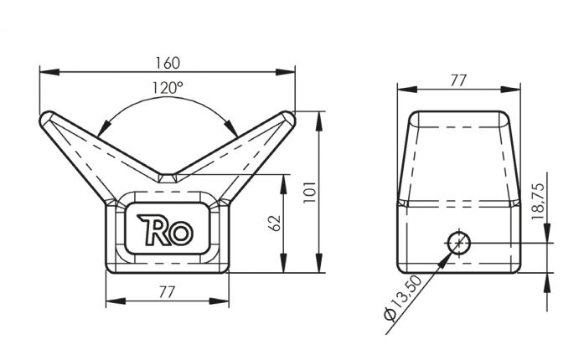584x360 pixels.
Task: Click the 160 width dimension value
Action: pos(168,63)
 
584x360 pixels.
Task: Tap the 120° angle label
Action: pos(168,86)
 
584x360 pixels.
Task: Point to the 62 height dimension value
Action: pos(274,223)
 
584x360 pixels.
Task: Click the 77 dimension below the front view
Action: pos(167,291)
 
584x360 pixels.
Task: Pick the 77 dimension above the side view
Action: pos(457,80)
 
